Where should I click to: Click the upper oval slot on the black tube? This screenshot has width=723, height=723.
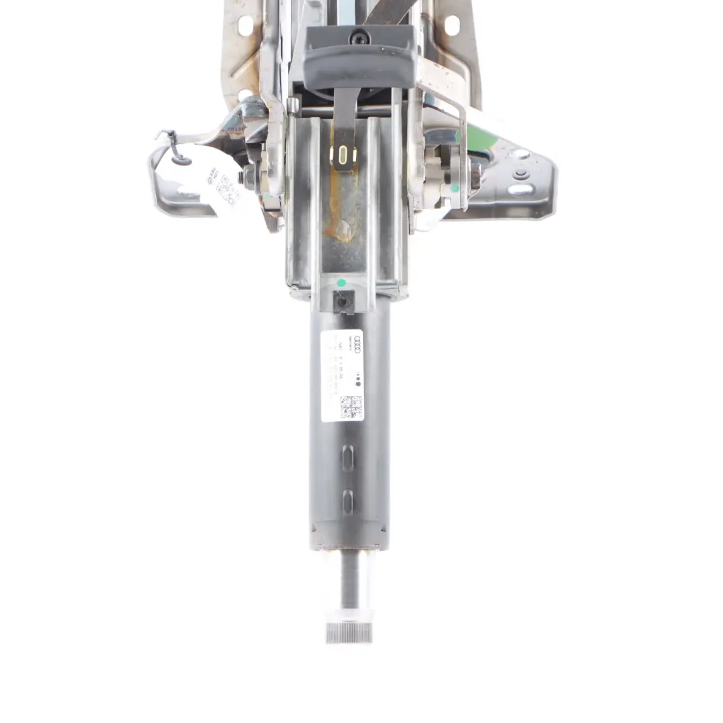(347, 459)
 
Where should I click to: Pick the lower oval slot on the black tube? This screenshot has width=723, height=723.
(347, 501)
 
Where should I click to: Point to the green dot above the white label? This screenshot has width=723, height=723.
(341, 283)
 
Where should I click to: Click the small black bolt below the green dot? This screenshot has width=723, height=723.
(342, 302)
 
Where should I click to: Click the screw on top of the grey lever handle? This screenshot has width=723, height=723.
(360, 37)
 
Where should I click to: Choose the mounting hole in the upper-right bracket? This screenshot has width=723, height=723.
(451, 25)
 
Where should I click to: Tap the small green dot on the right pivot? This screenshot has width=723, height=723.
(456, 188)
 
